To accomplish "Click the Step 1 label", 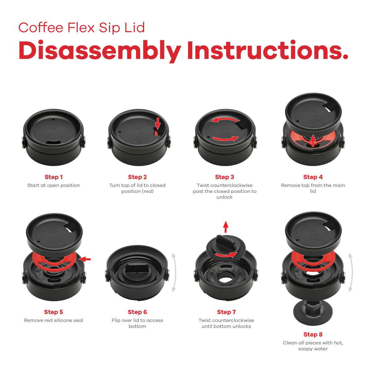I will click(x=53, y=177).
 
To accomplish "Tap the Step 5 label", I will click(x=53, y=312).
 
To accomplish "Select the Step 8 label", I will click(x=313, y=334).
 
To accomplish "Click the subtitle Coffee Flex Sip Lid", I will click(x=82, y=28).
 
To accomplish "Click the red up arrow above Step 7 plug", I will click(x=226, y=227).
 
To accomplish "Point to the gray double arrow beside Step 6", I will click(x=174, y=272).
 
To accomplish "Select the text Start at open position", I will click(x=53, y=185).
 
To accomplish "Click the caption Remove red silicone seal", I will click(x=53, y=320).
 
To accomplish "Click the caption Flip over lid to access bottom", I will click(x=137, y=323).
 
